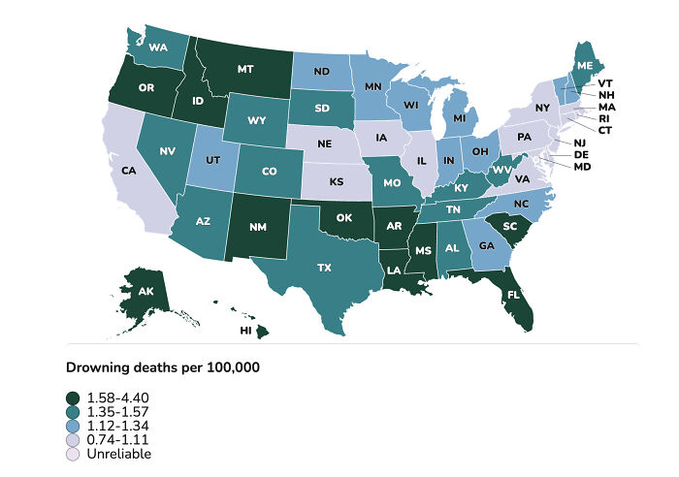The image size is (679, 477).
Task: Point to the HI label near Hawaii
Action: coord(245,331)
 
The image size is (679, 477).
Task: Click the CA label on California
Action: coord(128,171)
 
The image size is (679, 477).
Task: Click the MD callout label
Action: coord(608,166)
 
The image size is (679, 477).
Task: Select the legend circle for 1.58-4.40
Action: coord(73,397)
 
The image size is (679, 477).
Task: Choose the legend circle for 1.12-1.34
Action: coord(73,426)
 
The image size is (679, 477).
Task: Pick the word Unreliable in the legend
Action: coord(118,453)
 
